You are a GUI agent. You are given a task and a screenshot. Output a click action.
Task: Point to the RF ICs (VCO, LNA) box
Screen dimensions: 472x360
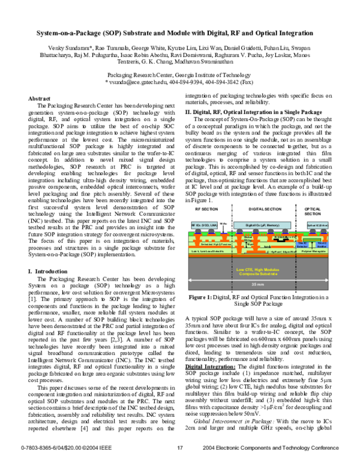click(203, 224)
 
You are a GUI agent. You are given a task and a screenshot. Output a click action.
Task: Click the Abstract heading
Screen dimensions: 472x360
click(40, 98)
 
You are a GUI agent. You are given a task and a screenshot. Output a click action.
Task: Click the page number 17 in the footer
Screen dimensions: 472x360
click(180, 464)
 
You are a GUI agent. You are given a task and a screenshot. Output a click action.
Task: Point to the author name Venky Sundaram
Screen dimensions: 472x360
click(69, 46)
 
